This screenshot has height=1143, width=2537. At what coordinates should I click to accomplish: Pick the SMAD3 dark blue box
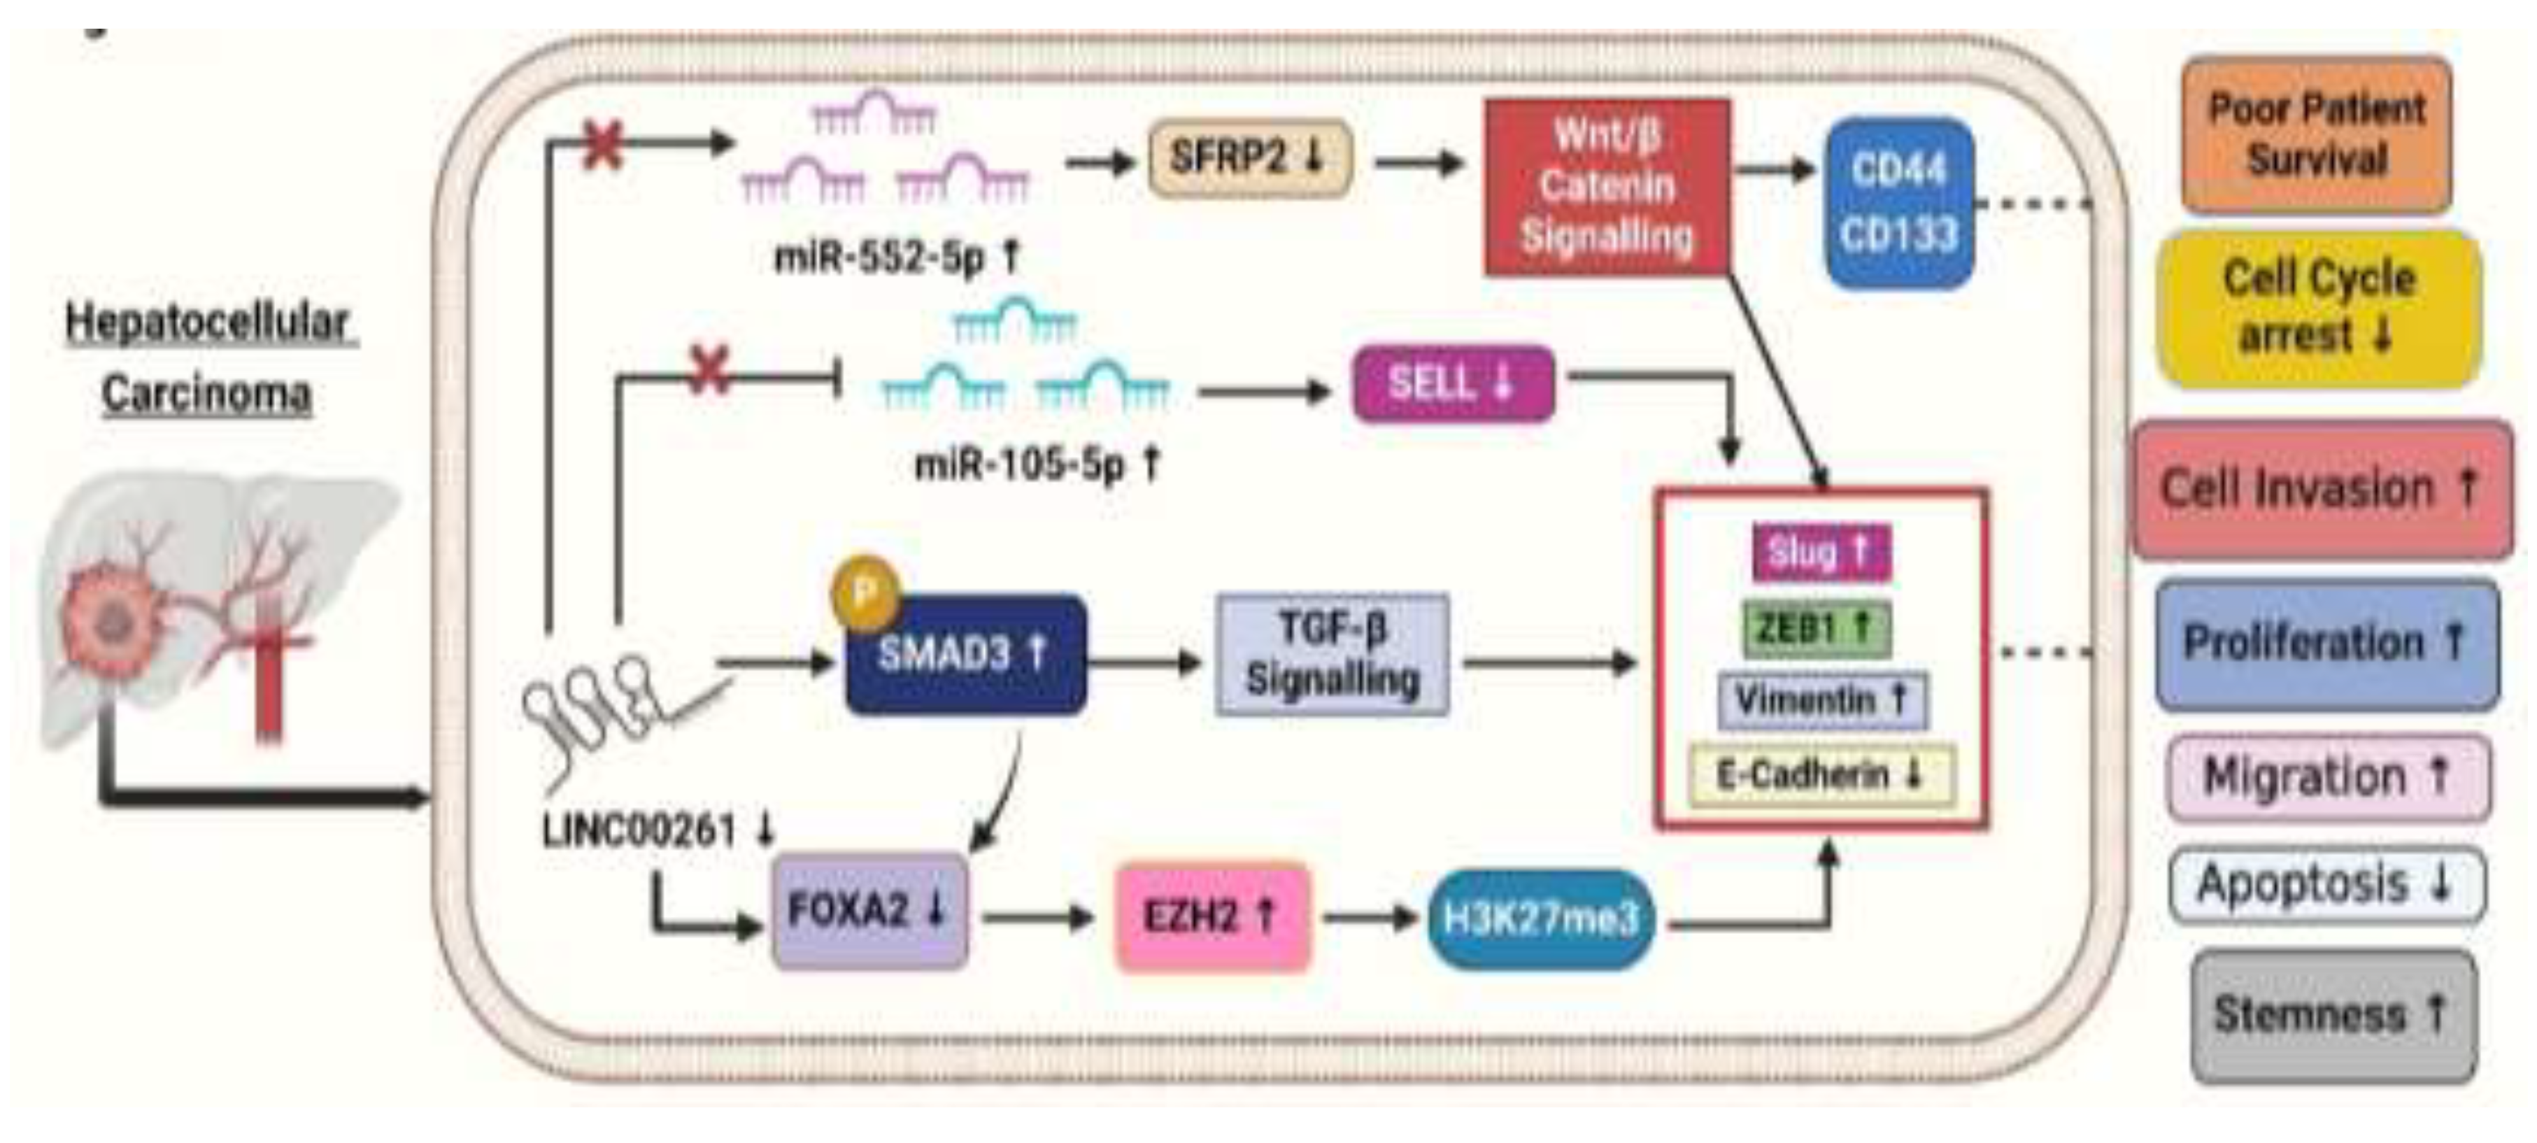[965, 654]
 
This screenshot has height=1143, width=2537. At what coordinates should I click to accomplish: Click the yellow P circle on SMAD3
[864, 594]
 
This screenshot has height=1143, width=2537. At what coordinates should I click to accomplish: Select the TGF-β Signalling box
[1333, 654]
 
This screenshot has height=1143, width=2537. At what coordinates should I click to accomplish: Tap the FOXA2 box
[869, 911]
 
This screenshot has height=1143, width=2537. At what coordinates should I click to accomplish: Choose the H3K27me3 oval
[1540, 918]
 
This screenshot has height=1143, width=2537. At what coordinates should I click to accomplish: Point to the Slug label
[1820, 551]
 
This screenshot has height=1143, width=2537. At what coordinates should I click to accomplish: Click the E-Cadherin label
[1820, 775]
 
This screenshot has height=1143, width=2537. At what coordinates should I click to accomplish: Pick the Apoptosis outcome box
[2325, 884]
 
